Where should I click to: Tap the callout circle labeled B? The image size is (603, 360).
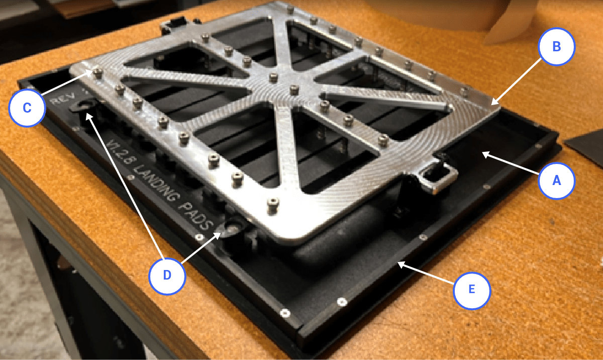(x=556, y=47)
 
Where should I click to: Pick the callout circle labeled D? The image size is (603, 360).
(x=167, y=275)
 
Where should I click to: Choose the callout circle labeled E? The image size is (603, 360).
(x=472, y=290)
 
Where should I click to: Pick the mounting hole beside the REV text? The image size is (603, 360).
(x=84, y=104)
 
